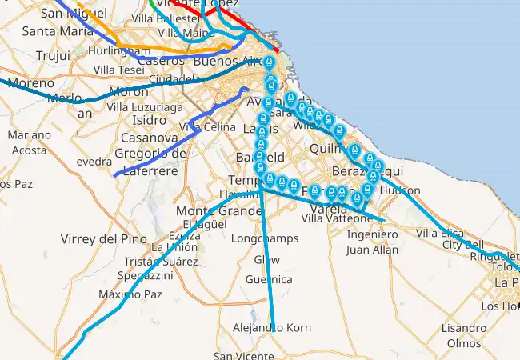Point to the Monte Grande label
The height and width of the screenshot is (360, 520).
[x=218, y=210]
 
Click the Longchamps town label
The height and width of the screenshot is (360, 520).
[x=264, y=238]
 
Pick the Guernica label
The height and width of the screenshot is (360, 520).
[x=269, y=279]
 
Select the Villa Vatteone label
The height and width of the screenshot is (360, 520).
[x=337, y=218]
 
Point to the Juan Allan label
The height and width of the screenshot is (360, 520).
[x=371, y=250]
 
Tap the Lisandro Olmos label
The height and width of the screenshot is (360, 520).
[x=463, y=335]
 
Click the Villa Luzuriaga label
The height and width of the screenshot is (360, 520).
[x=146, y=106]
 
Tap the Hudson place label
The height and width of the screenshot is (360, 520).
[x=400, y=190]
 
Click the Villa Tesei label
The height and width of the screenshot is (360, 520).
[x=118, y=70]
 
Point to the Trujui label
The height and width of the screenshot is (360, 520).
[x=54, y=55]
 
